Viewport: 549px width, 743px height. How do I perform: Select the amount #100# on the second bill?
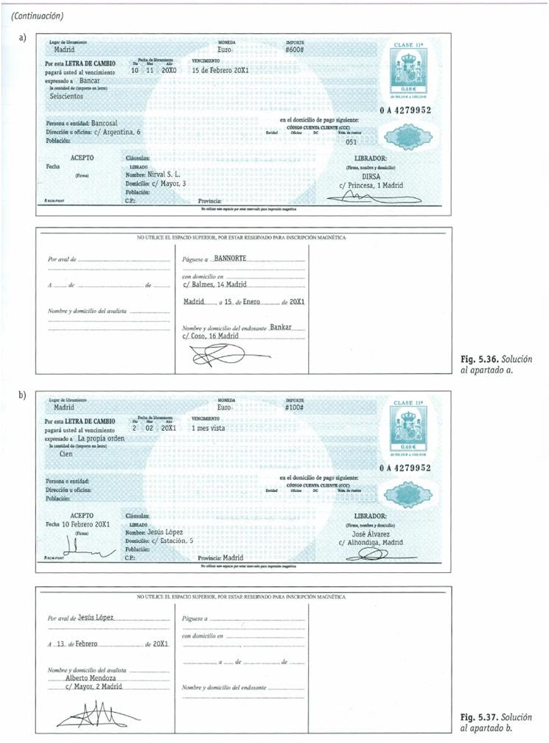[x=295, y=406]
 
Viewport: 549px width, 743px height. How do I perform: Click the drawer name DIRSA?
[x=371, y=176]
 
